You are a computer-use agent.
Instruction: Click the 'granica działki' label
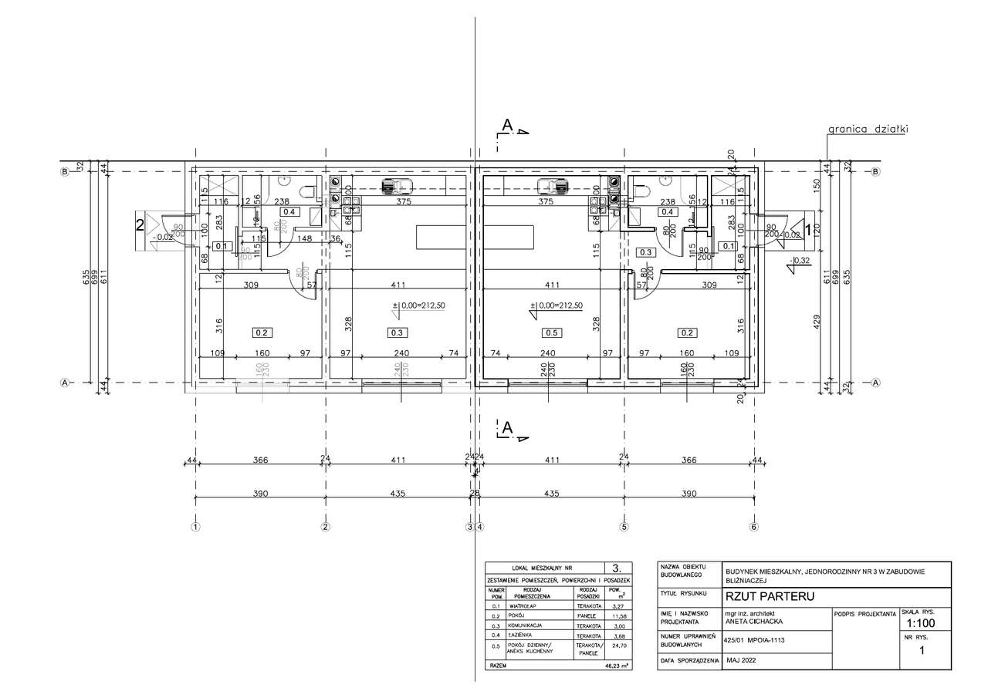(867, 130)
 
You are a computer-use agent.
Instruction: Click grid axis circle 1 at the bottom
(195, 528)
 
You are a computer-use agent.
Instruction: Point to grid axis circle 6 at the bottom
(754, 528)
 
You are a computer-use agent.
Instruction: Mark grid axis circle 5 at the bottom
(624, 528)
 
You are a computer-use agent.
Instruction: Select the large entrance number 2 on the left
(140, 225)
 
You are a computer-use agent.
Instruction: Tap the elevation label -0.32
(800, 261)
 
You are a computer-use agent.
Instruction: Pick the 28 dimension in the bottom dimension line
(475, 493)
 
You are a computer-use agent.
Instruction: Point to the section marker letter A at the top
(507, 125)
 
